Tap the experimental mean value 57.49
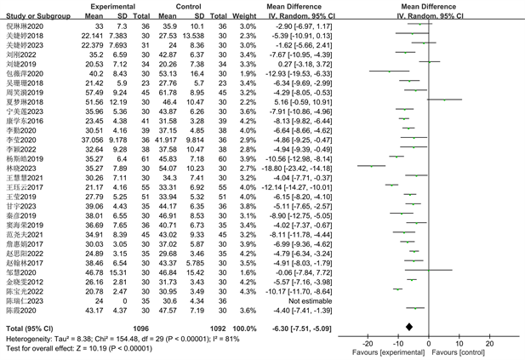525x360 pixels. (x=95, y=91)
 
